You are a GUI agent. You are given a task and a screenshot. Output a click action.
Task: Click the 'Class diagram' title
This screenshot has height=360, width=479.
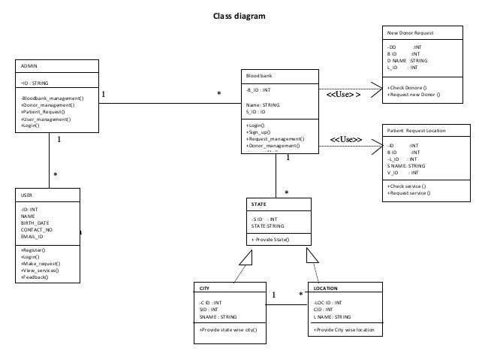coord(239,15)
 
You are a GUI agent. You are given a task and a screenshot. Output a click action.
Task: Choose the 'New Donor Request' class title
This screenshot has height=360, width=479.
coord(410,33)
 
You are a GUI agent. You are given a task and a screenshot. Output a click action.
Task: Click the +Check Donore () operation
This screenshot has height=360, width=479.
coord(413,88)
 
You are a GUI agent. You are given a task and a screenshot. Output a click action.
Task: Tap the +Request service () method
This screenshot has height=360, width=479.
coord(408,192)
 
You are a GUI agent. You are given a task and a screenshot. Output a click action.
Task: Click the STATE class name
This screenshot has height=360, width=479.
coord(260,203)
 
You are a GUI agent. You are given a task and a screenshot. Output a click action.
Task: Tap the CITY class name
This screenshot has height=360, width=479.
coord(205,288)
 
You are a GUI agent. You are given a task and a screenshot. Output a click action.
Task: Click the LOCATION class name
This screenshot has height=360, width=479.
coord(325,288)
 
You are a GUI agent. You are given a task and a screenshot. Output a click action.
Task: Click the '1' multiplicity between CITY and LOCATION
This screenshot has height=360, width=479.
coord(274,295)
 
